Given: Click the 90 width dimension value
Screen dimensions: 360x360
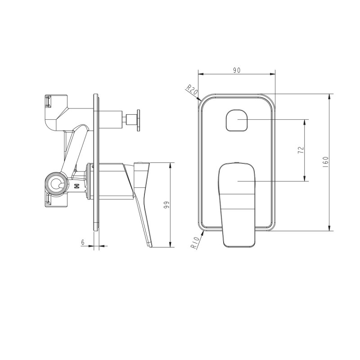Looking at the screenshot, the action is (237, 70).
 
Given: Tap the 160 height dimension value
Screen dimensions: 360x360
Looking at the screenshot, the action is (325, 162).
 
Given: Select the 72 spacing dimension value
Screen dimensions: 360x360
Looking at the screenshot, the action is (301, 150).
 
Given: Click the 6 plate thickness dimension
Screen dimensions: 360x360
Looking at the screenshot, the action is (83, 242).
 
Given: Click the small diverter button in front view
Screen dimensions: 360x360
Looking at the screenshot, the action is (238, 120).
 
